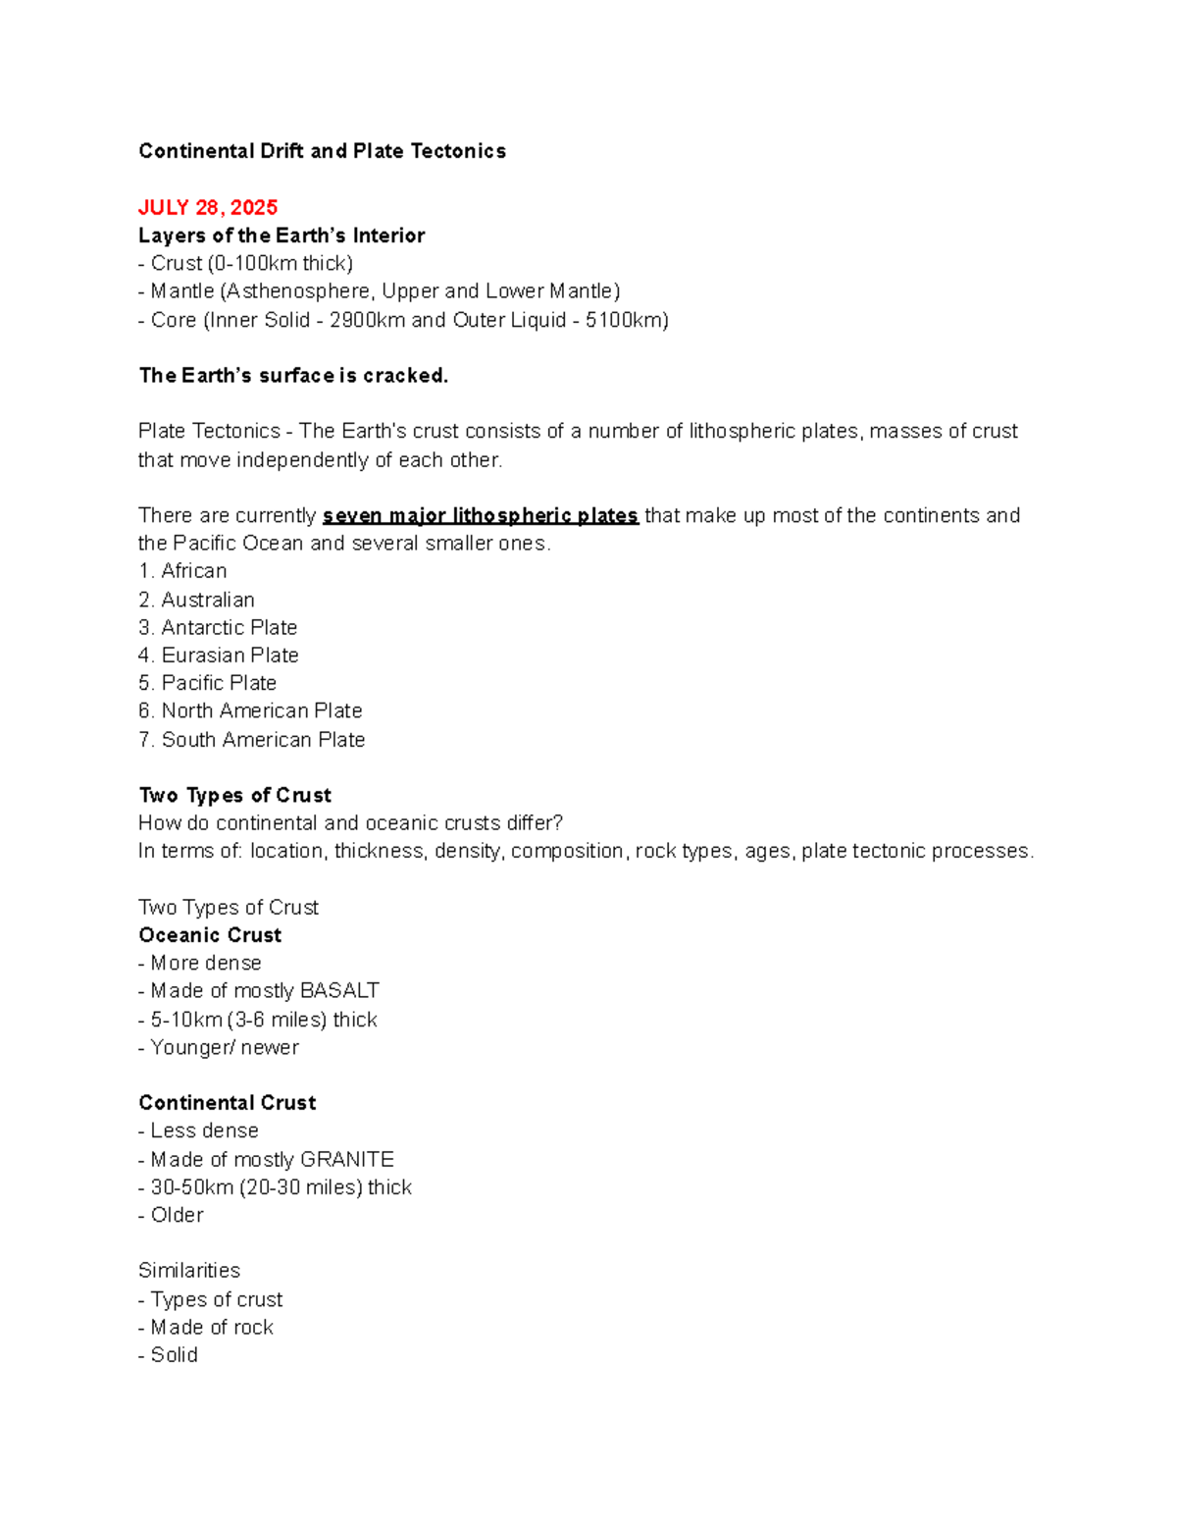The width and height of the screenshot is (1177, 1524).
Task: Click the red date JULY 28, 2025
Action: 208,207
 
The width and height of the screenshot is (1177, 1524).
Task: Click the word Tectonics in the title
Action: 459,151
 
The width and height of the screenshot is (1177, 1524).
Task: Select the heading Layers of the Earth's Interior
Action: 281,236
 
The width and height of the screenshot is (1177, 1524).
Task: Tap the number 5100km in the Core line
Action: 624,320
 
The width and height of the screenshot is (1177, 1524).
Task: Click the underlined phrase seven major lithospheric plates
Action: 481,516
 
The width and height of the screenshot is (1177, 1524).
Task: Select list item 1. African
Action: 183,571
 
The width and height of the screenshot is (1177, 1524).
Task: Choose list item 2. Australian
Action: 197,600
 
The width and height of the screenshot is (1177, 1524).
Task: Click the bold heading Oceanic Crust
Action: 210,935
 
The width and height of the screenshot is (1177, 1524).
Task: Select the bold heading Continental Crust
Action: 228,1103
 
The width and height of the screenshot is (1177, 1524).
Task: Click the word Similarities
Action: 189,1271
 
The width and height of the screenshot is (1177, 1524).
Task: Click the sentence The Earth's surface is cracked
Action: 293,376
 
